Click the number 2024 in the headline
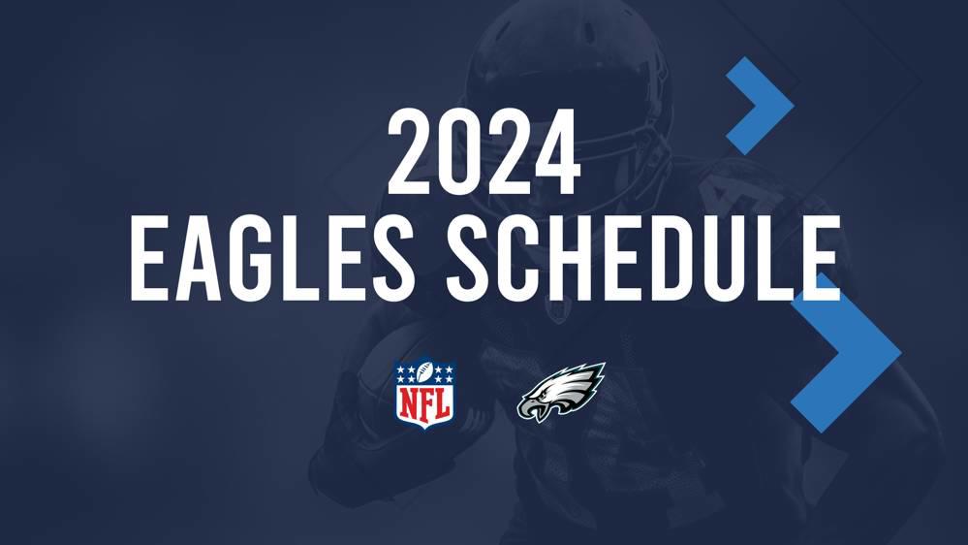click(484, 153)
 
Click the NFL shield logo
click(424, 393)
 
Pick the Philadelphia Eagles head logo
click(562, 392)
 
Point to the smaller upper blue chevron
click(761, 105)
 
